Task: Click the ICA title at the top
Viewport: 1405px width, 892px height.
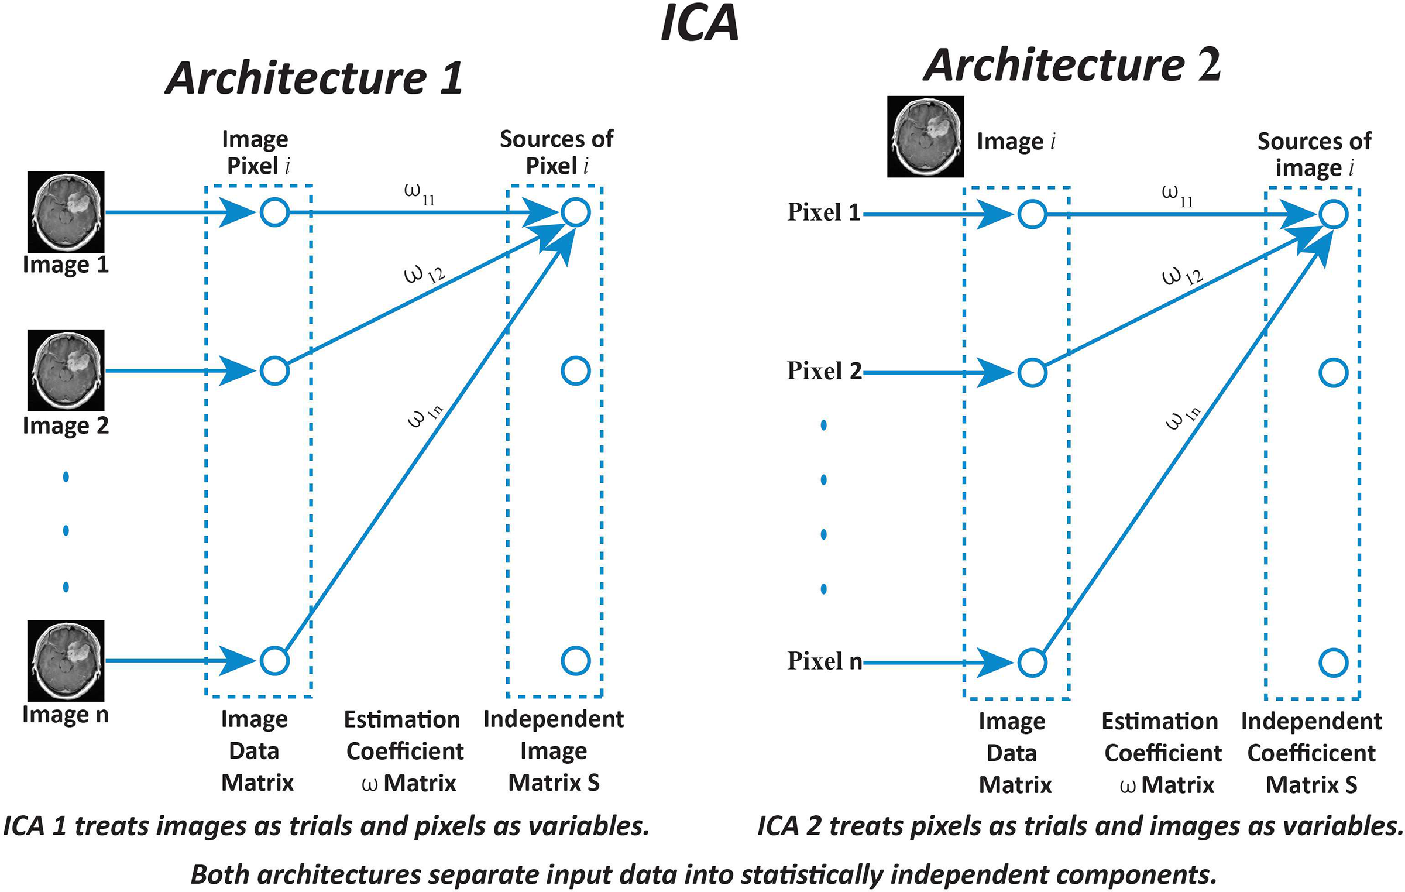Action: (x=699, y=23)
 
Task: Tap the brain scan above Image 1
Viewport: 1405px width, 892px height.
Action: (x=66, y=212)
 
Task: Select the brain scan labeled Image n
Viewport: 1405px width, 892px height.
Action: (x=66, y=661)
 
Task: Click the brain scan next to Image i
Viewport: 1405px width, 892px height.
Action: (x=925, y=136)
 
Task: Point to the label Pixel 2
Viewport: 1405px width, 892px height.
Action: (x=824, y=371)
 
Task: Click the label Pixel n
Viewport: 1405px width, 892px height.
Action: (x=824, y=661)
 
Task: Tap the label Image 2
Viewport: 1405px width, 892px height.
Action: (x=66, y=426)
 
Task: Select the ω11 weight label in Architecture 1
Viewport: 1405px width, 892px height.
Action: (x=420, y=194)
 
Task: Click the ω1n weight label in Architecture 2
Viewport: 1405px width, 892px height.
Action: (x=1183, y=417)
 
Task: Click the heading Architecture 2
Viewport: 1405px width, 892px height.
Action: (x=1072, y=66)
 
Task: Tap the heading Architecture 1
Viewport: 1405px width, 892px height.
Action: (x=314, y=78)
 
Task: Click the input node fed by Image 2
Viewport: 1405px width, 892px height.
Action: (x=274, y=371)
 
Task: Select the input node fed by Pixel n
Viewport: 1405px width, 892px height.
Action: (x=1032, y=663)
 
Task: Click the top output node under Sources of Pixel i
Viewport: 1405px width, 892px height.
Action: (x=575, y=212)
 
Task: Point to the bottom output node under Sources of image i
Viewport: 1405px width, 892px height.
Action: (x=1333, y=663)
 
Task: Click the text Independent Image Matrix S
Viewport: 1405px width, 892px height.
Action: (x=553, y=751)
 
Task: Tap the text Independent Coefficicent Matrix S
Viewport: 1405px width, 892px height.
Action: (x=1311, y=753)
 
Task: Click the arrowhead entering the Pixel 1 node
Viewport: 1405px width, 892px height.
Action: (x=995, y=214)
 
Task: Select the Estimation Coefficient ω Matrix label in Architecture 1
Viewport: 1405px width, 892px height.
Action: (x=404, y=751)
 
